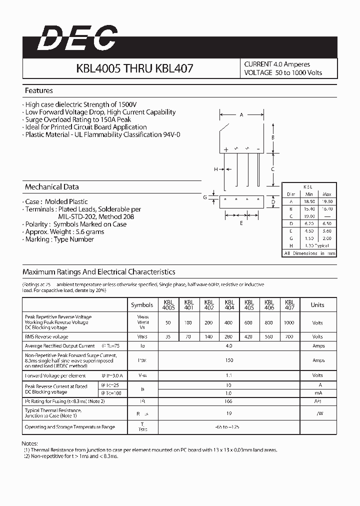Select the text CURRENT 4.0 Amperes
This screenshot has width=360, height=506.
pos(277,64)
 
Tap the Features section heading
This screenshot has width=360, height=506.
pos(38,90)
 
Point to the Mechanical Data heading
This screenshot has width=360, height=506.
pos(51,186)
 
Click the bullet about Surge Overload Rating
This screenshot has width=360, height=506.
pos(78,119)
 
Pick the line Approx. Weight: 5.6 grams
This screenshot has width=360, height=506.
pos(64,231)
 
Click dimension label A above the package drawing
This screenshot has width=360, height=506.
pos(241,115)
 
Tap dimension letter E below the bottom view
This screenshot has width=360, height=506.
pos(241,223)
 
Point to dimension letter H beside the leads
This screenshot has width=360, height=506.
pos(216,169)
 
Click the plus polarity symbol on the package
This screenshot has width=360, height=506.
pos(226,149)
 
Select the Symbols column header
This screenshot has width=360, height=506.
pos(142,304)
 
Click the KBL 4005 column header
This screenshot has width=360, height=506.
pos(168,304)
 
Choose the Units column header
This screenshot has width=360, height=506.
pos(317,304)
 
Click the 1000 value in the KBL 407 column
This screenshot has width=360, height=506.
pos(289,322)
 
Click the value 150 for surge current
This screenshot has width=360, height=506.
pos(229,360)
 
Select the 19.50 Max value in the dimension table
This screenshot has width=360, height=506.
pos(327,200)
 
